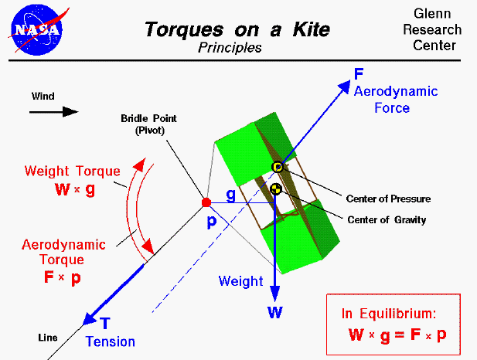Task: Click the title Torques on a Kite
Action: pyautogui.click(x=237, y=30)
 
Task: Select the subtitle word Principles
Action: pyautogui.click(x=230, y=48)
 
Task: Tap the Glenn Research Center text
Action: pyautogui.click(x=437, y=30)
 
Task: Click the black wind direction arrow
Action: pyautogui.click(x=54, y=111)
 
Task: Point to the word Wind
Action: pyautogui.click(x=43, y=97)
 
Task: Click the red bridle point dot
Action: pyautogui.click(x=206, y=202)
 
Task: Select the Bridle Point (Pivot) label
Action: pyautogui.click(x=148, y=124)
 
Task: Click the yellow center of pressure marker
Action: pyautogui.click(x=278, y=168)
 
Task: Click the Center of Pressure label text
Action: pyautogui.click(x=389, y=199)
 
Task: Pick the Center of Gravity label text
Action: pyautogui.click(x=387, y=219)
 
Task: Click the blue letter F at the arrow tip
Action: pyautogui.click(x=359, y=74)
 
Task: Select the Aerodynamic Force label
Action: pyautogui.click(x=395, y=100)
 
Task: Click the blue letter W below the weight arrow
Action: pyautogui.click(x=274, y=313)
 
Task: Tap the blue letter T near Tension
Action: pyautogui.click(x=105, y=324)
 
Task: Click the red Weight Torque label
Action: pyautogui.click(x=72, y=171)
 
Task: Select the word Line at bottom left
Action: pyautogui.click(x=48, y=338)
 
